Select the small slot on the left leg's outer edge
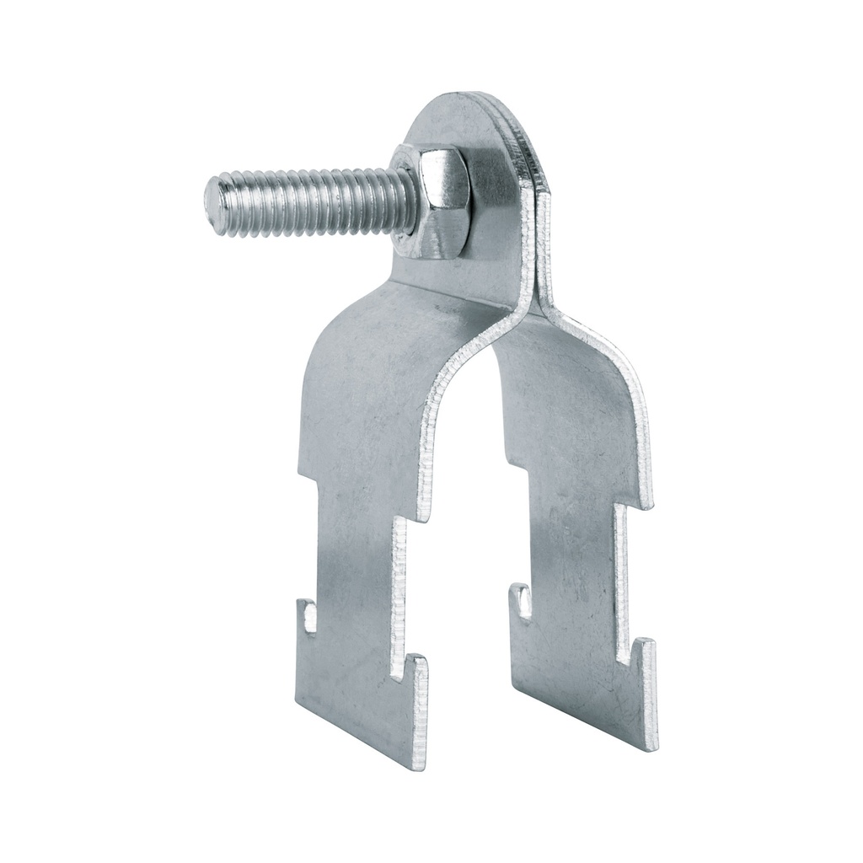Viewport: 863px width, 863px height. (309, 618)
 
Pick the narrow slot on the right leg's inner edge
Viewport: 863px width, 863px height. (523, 605)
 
